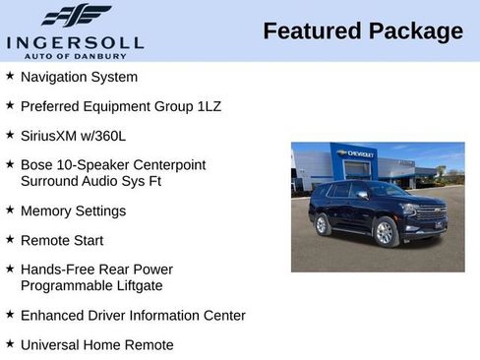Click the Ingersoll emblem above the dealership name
(x=75, y=16)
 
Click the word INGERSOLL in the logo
(x=75, y=41)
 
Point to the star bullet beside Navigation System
(x=10, y=76)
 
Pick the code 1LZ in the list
(x=207, y=105)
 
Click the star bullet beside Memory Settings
(x=10, y=210)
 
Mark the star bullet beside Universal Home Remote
(x=10, y=344)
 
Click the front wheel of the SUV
(x=385, y=233)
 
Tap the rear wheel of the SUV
(x=323, y=225)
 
